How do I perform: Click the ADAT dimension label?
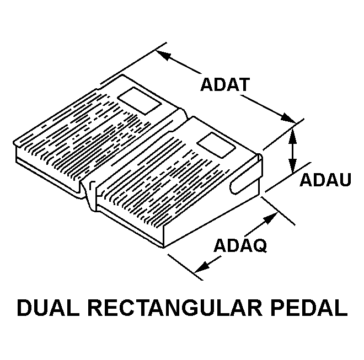(225, 85)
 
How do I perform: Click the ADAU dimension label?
(325, 180)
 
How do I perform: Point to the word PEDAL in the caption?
(309, 308)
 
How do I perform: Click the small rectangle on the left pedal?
(140, 101)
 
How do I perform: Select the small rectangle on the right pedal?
(216, 146)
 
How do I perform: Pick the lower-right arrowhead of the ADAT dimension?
(288, 117)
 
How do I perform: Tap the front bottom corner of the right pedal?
(164, 248)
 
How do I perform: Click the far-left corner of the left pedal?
(14, 143)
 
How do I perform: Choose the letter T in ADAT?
(244, 85)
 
